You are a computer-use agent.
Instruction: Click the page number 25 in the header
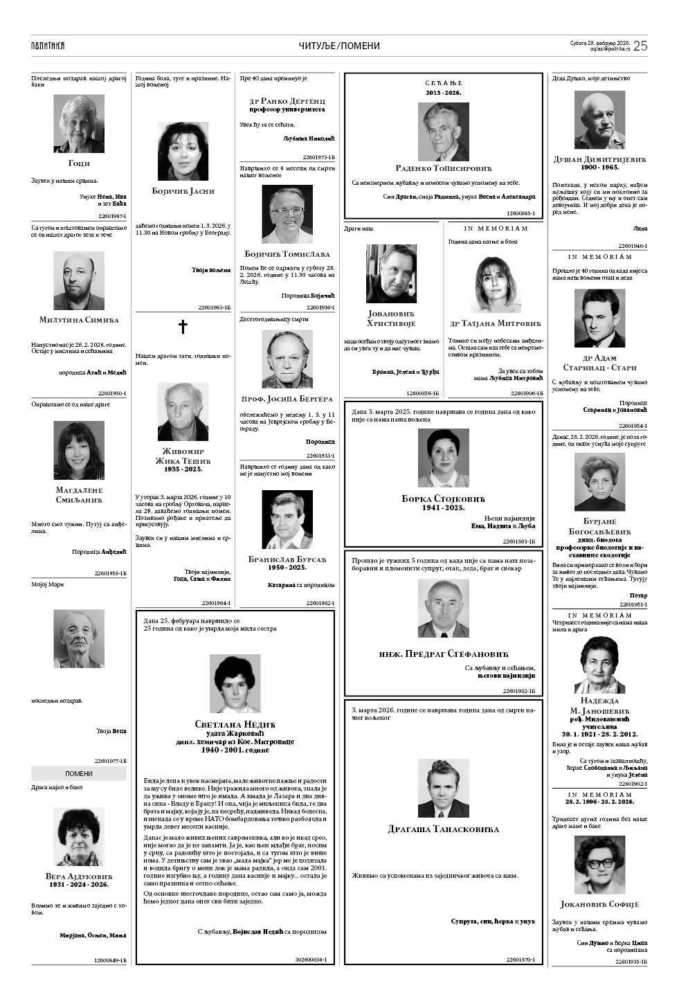pos(640,46)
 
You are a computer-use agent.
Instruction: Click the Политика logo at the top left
pos(48,46)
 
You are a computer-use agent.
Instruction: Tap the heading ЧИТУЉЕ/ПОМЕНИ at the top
pos(339,46)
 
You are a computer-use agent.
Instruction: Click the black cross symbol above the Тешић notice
pos(183,327)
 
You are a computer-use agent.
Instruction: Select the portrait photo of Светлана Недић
pos(235,683)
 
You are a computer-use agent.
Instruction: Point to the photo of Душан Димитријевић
pos(599,122)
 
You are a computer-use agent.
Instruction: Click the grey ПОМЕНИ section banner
pos(79,773)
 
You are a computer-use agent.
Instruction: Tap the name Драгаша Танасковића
pos(443,829)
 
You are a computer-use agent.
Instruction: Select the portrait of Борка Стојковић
pos(443,458)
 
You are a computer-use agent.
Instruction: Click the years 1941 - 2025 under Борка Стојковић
pos(443,507)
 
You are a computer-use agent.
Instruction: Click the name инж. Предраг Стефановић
pos(443,654)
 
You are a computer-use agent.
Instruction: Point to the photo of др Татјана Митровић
pos(496,284)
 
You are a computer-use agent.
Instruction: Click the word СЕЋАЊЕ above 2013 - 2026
pos(443,83)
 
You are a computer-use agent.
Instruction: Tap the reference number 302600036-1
pos(311,960)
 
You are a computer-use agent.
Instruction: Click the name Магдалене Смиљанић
pos(79,495)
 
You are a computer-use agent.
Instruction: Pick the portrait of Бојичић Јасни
pos(183,152)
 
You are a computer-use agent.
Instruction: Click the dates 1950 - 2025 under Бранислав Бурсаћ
pos(287,567)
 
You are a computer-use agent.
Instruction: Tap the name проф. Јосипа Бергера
pos(287,399)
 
